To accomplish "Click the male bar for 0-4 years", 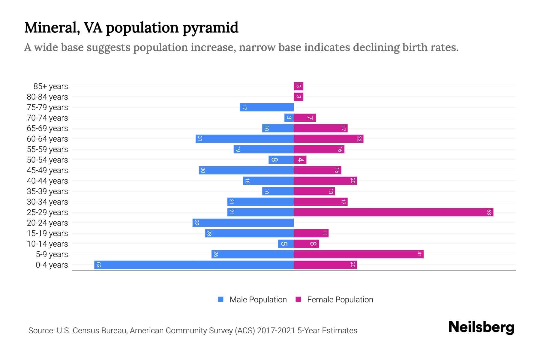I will pos(194,265).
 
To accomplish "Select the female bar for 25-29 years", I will pos(393,212).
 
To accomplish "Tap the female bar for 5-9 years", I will pos(358,254).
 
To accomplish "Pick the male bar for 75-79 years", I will pos(267,107).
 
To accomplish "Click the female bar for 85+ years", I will pos(298,86).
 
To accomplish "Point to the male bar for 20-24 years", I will pos(243,223).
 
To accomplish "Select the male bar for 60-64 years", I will pos(244,139).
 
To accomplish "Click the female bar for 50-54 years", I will pos(300,160).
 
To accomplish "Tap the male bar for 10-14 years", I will pos(286,244).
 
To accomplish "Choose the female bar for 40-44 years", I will pos(325,181).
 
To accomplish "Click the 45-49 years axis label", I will pos(47,170).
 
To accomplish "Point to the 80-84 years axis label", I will pos(47,97).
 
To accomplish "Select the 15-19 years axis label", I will pos(47,233).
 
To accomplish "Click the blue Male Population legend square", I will pos(221,299).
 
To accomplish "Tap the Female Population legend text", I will pos(340,300).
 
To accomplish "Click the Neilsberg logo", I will pos(481,327).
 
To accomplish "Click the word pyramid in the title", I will pos(210,28).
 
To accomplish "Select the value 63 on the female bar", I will pos(489,212).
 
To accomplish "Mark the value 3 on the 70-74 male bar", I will pos(289,118).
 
